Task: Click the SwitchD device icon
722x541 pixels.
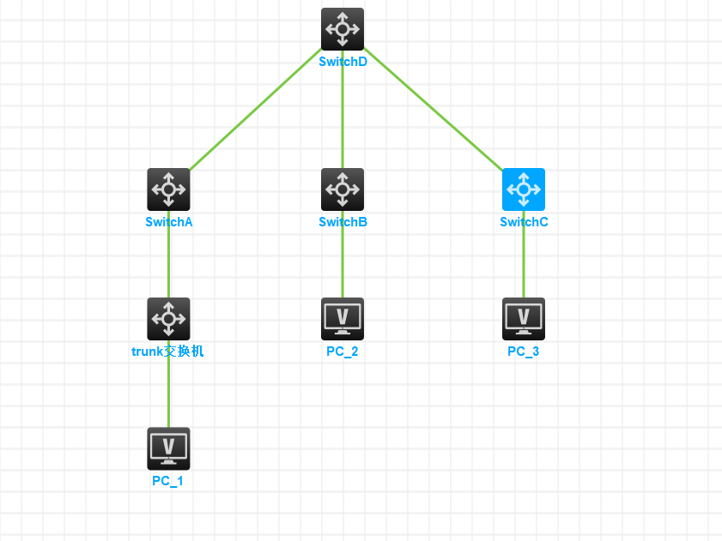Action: point(343,29)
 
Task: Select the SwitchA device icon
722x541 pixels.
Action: point(168,189)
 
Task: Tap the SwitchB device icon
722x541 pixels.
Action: point(343,189)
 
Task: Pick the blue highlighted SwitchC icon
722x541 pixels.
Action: point(524,189)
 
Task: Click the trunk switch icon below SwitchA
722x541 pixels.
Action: point(168,319)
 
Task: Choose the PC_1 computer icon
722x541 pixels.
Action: point(168,448)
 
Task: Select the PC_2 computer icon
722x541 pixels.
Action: point(343,319)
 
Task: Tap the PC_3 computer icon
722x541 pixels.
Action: point(524,319)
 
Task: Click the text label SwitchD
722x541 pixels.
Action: point(343,62)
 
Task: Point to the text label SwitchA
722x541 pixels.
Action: point(168,222)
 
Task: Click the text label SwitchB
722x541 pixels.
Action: point(343,222)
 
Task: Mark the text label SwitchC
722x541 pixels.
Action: point(524,222)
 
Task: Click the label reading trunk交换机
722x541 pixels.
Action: point(167,352)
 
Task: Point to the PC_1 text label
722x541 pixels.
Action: point(167,481)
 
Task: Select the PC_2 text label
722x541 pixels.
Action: point(342,352)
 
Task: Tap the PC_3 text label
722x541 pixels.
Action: point(523,352)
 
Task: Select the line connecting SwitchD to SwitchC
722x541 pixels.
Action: point(434,110)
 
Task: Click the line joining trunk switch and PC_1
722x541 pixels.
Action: point(168,394)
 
